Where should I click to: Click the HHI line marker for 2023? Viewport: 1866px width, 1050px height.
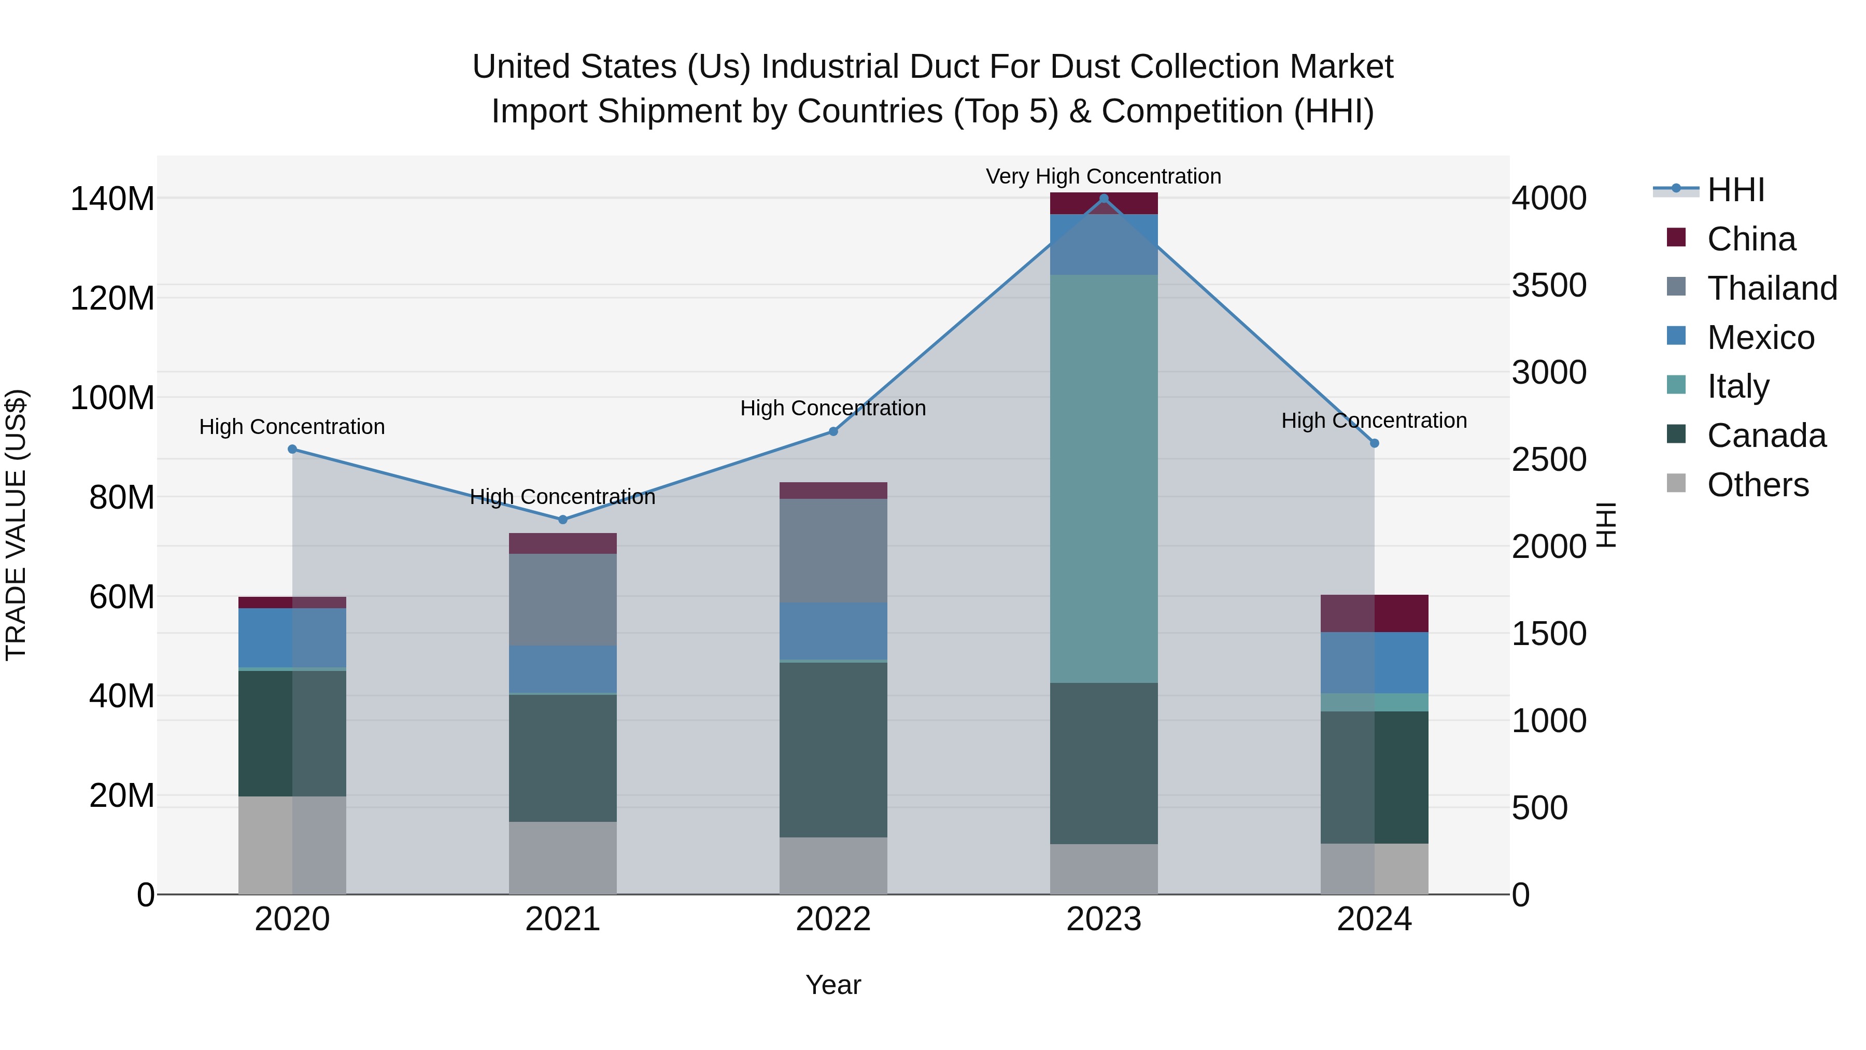point(1103,198)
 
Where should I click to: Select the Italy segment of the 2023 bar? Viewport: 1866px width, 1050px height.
point(1103,478)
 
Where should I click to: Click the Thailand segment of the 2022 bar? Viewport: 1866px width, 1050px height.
point(833,551)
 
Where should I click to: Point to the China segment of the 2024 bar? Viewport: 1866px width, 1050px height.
point(1374,613)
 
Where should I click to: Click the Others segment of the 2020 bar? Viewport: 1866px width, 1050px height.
point(292,845)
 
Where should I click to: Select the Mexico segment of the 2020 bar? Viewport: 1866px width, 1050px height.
point(292,638)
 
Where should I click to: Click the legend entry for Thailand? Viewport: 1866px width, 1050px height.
point(1772,288)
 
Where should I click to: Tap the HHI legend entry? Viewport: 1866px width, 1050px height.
point(1735,190)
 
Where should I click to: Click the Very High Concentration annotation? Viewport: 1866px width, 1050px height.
point(1103,176)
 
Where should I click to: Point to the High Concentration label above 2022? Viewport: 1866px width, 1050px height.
point(833,408)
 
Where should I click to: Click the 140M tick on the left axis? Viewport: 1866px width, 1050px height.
point(112,199)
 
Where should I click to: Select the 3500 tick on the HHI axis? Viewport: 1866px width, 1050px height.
point(1549,286)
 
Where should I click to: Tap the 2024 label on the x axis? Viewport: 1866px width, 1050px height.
point(1374,919)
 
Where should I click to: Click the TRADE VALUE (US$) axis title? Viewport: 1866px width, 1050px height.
point(16,525)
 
